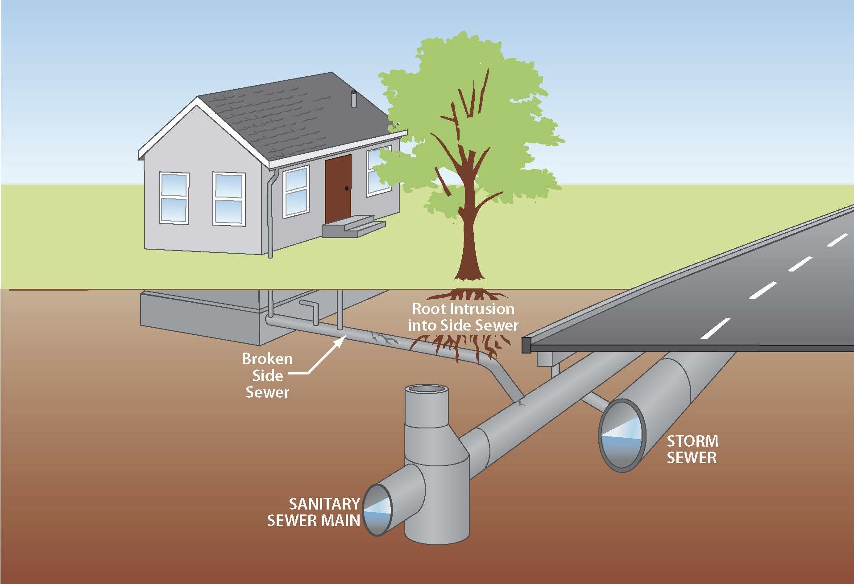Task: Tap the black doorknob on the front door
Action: click(x=347, y=189)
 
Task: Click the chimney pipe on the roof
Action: click(x=354, y=100)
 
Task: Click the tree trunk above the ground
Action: click(x=466, y=241)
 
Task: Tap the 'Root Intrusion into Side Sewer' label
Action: click(x=463, y=317)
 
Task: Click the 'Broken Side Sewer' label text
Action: click(x=267, y=375)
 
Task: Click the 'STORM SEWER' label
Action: click(x=692, y=449)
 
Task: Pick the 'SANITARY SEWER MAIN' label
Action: click(x=314, y=512)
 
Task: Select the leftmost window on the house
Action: click(x=174, y=197)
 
